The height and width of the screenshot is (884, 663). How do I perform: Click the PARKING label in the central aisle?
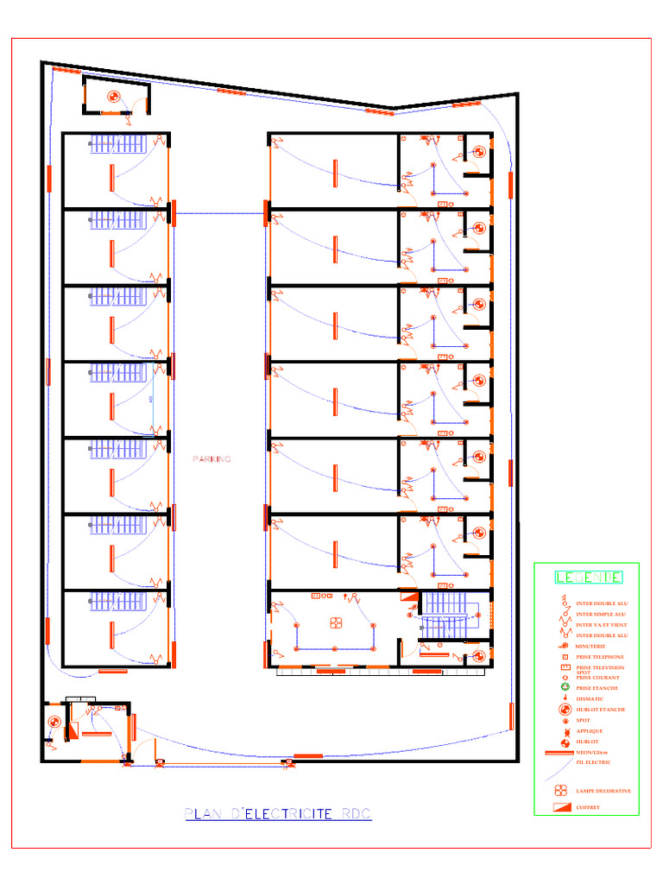point(212,459)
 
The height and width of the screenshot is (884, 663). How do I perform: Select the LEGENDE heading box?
point(587,577)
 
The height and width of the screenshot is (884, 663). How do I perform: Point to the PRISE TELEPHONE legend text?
point(599,657)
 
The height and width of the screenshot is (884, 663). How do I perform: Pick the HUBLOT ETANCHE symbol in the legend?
point(563,710)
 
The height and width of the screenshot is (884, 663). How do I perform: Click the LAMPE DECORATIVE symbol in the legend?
point(561,790)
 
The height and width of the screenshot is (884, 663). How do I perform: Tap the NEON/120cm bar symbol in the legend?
point(560,754)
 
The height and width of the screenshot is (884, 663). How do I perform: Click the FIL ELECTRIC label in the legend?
point(593,762)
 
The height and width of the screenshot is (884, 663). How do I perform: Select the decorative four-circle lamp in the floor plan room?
point(336,622)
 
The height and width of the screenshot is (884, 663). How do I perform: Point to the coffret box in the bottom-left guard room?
point(73,730)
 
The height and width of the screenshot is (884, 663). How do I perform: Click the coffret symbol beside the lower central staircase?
point(408,597)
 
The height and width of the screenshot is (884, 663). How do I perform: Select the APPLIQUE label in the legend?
point(590,731)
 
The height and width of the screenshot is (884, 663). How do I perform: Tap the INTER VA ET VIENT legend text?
point(602,624)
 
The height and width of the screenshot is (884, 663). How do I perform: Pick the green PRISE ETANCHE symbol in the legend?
point(563,688)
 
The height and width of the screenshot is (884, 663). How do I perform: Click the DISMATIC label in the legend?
point(590,698)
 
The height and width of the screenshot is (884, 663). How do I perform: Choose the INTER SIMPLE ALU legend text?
point(601,614)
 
